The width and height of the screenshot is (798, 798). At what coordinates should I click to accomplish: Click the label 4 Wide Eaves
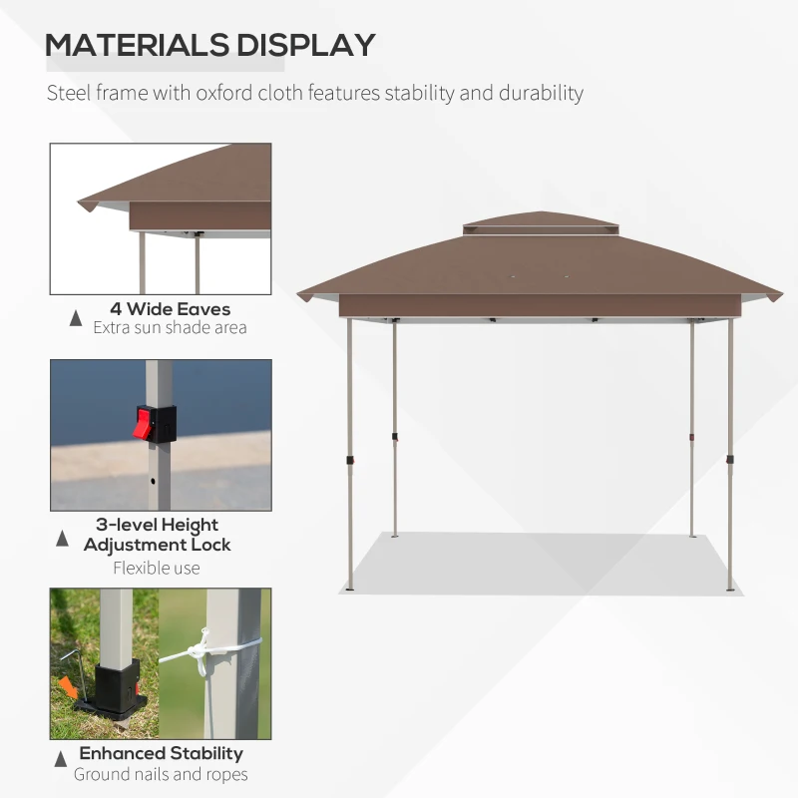click(x=170, y=309)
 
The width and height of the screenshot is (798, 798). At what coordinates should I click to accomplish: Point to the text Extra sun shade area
click(x=170, y=327)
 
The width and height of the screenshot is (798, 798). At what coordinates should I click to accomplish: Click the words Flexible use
click(x=157, y=568)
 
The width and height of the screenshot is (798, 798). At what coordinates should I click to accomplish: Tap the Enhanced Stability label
click(x=162, y=753)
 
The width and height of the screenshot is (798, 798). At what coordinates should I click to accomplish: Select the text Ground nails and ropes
click(x=162, y=774)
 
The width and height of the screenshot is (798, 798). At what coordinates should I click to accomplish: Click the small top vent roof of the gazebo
click(x=540, y=223)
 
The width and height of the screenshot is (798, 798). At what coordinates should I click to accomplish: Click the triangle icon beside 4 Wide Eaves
click(x=76, y=318)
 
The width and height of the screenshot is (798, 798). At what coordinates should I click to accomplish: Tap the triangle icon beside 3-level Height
click(x=63, y=539)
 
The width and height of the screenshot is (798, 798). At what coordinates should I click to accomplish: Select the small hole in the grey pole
click(x=153, y=480)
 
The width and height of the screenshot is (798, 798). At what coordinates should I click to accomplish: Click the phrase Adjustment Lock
click(x=157, y=545)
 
